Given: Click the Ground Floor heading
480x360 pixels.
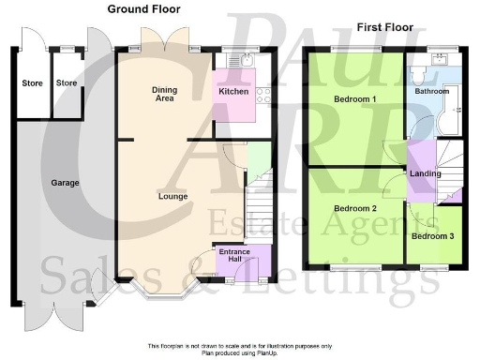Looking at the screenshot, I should pyautogui.click(x=143, y=9).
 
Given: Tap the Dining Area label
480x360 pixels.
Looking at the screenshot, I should pyautogui.click(x=165, y=95).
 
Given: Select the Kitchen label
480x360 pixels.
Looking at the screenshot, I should pyautogui.click(x=232, y=92).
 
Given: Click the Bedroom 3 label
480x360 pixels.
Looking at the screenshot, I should pyautogui.click(x=434, y=235).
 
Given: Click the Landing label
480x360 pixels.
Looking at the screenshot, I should pyautogui.click(x=425, y=174).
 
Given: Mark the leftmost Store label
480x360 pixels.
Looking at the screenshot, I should pyautogui.click(x=32, y=83).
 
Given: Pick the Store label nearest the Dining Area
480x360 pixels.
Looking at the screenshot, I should pyautogui.click(x=67, y=83).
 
